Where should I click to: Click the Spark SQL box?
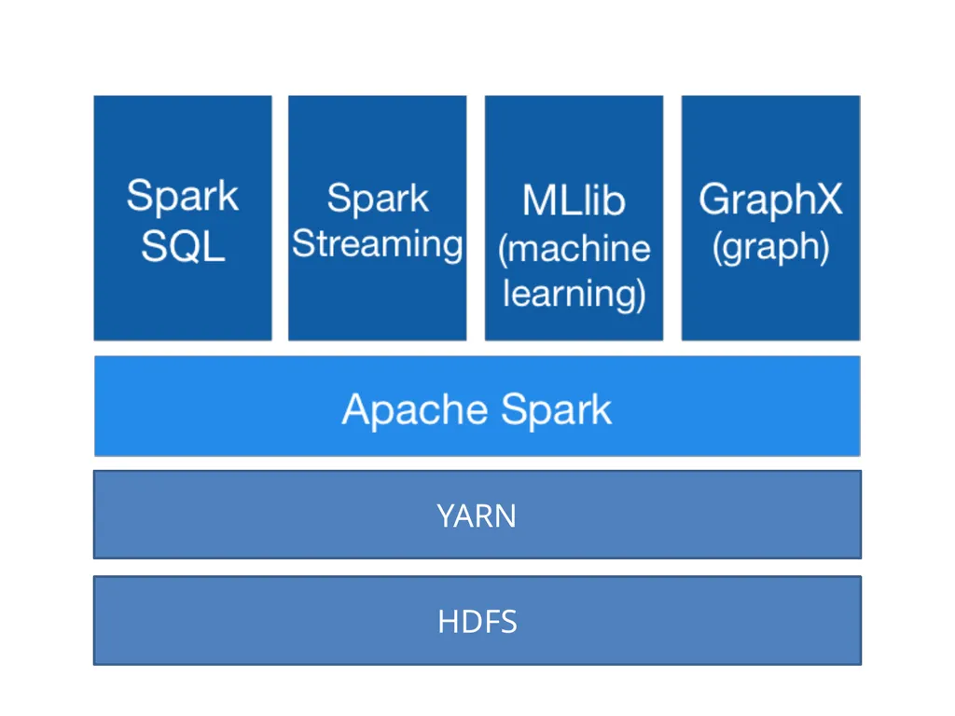click(x=183, y=218)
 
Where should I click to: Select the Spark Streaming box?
click(x=378, y=218)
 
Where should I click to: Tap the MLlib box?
click(x=574, y=218)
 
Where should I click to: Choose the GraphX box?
click(x=771, y=218)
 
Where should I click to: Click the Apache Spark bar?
click(x=477, y=406)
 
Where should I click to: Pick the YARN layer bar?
click(x=477, y=515)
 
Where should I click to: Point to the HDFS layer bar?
click(x=477, y=620)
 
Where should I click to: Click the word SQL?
click(x=184, y=246)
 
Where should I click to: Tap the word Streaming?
click(x=378, y=245)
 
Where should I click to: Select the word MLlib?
click(x=574, y=200)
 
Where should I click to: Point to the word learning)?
click(x=574, y=295)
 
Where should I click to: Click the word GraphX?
click(x=770, y=200)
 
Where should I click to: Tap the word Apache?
click(x=415, y=409)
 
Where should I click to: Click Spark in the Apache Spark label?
click(x=557, y=409)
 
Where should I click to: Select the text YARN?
click(x=477, y=516)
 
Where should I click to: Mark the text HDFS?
click(x=477, y=622)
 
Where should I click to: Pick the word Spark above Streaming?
click(x=378, y=200)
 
